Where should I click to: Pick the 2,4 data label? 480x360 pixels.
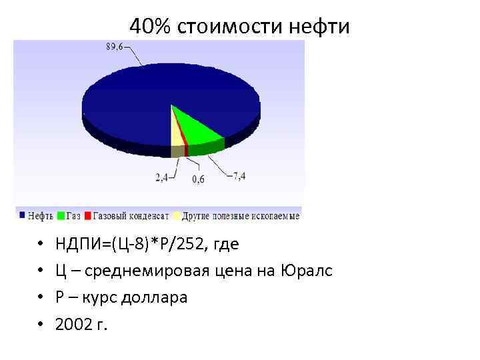162,178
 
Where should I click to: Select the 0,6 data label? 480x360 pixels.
198,179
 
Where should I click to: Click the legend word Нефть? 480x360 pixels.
42,216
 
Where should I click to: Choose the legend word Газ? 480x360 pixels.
73,216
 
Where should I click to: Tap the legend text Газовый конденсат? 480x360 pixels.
131,216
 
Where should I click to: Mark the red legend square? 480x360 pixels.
88,216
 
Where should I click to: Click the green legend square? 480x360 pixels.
61,216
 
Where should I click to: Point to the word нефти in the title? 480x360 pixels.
320,27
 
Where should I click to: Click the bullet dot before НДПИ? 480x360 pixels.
41,245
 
